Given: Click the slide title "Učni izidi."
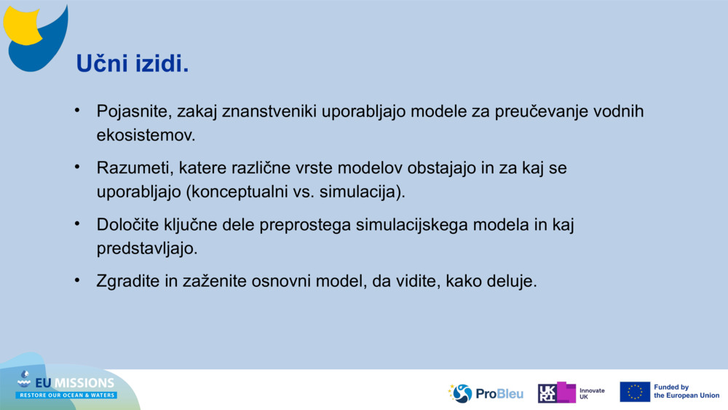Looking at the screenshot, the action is click(x=132, y=63).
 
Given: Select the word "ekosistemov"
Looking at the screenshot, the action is click(x=144, y=135).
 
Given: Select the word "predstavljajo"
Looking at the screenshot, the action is click(x=146, y=248).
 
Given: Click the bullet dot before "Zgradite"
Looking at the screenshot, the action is click(x=77, y=280).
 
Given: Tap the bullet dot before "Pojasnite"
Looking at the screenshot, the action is click(x=77, y=110).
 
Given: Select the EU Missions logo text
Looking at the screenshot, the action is click(x=74, y=382).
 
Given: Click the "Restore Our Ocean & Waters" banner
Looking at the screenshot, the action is click(x=67, y=395).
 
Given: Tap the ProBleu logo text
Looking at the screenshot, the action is click(x=499, y=394).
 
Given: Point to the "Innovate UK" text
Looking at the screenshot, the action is click(x=592, y=394).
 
